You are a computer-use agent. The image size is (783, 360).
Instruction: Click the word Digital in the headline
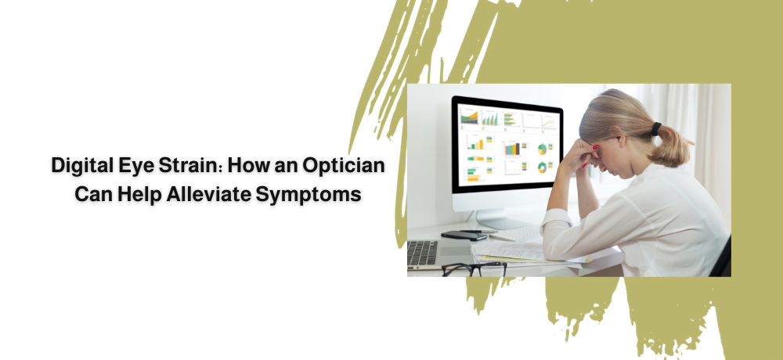(82, 166)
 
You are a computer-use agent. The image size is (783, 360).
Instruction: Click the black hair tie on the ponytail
(655, 129)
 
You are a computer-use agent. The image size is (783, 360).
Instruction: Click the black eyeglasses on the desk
(474, 269)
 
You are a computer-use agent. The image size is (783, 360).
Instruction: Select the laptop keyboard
(424, 254)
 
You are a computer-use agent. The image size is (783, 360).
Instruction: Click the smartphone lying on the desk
(464, 236)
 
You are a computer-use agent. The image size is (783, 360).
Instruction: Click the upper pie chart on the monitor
(542, 149)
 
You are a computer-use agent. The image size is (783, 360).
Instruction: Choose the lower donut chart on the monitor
(542, 167)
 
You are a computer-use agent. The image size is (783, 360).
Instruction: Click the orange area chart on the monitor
(469, 117)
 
